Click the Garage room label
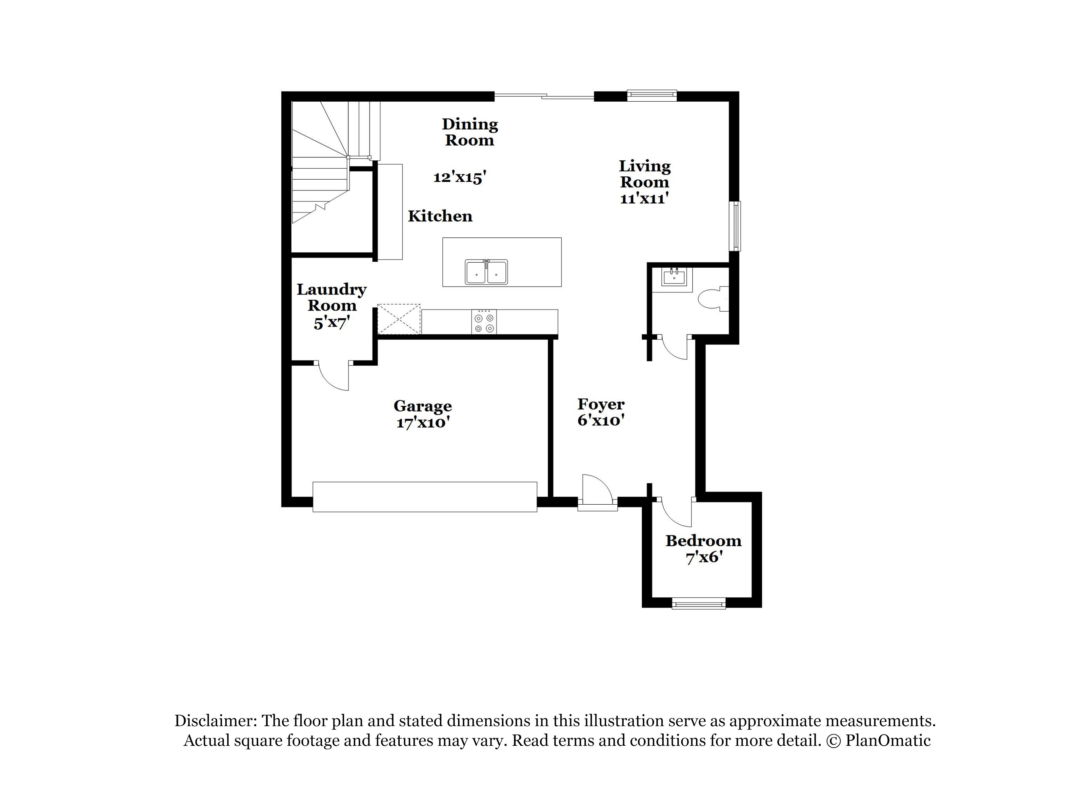coord(422,406)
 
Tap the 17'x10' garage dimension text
coord(423,423)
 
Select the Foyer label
coord(601,404)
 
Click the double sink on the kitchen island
coord(486,272)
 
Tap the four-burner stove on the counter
coord(484,322)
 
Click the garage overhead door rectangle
coord(425,497)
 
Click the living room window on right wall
coord(737,226)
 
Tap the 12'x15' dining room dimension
coord(459,177)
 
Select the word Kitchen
coord(440,216)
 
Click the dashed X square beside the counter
coord(399,319)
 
